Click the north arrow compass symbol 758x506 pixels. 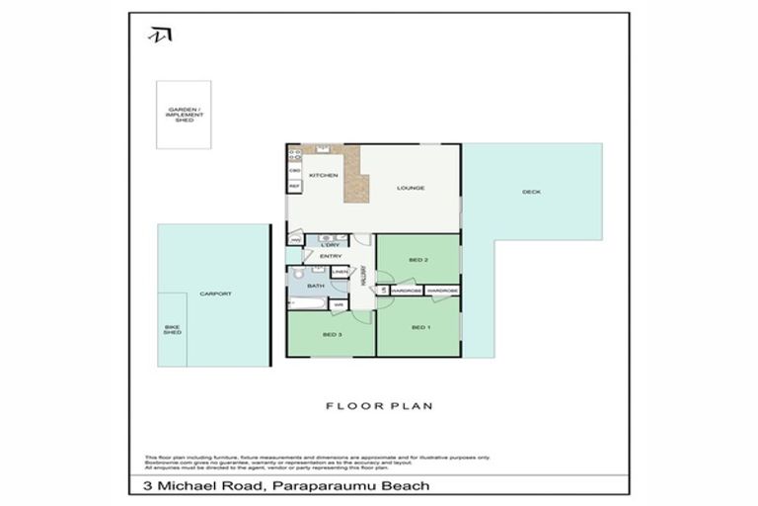(x=159, y=35)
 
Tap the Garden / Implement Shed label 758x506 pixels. (x=186, y=114)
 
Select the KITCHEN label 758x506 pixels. (x=323, y=175)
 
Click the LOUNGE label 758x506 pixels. (x=410, y=187)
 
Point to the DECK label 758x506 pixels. (x=531, y=192)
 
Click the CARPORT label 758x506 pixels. (x=214, y=295)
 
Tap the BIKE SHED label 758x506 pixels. (x=172, y=330)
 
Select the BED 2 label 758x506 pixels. (x=417, y=260)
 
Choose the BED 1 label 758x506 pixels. (x=418, y=327)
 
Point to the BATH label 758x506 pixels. (x=315, y=286)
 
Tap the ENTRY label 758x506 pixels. (x=330, y=256)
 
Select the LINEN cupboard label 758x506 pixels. (x=340, y=272)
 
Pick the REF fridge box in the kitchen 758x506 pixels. (x=294, y=185)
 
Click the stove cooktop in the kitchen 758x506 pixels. (x=294, y=153)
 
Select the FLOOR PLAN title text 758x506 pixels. (x=379, y=405)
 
